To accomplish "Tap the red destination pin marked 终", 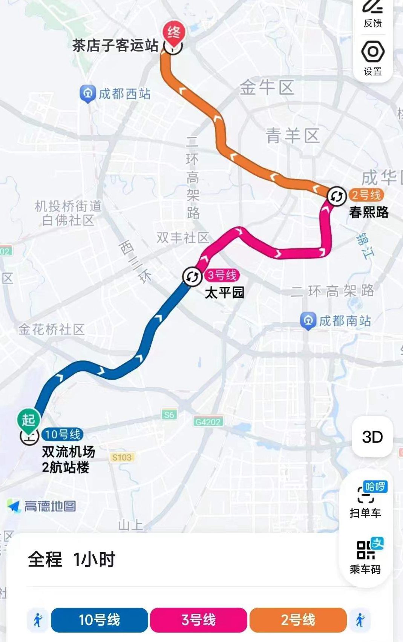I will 174,33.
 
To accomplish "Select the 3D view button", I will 372,437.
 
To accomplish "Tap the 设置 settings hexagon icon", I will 373,52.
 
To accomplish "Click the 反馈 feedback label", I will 373,23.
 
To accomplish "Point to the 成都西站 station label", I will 124,94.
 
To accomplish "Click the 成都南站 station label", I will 345,321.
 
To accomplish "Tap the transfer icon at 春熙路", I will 336,196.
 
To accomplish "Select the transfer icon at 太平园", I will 192,277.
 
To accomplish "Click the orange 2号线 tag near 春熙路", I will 366,195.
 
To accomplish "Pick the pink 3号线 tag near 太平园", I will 222,275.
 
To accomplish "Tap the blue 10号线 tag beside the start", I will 63,434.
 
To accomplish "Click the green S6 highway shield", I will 169,415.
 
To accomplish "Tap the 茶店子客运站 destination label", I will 115,46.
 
